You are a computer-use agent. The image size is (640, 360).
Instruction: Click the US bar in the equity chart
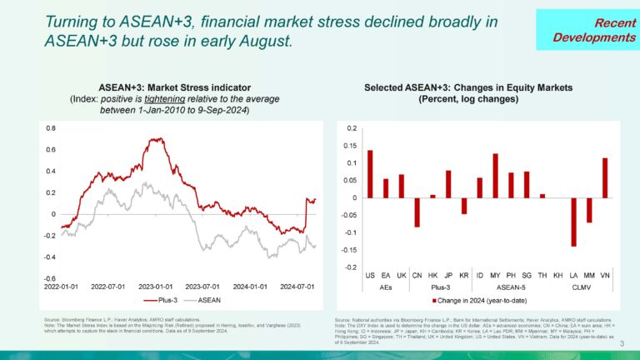[370, 174]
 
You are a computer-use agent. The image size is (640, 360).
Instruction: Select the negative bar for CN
[417, 212]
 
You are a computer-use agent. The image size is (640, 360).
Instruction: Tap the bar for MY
[495, 176]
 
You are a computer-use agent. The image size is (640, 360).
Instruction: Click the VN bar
[604, 177]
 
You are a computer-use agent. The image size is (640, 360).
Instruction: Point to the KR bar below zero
[464, 206]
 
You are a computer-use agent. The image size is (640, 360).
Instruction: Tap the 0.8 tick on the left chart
[50, 128]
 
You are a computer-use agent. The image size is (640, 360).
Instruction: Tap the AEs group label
[386, 285]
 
